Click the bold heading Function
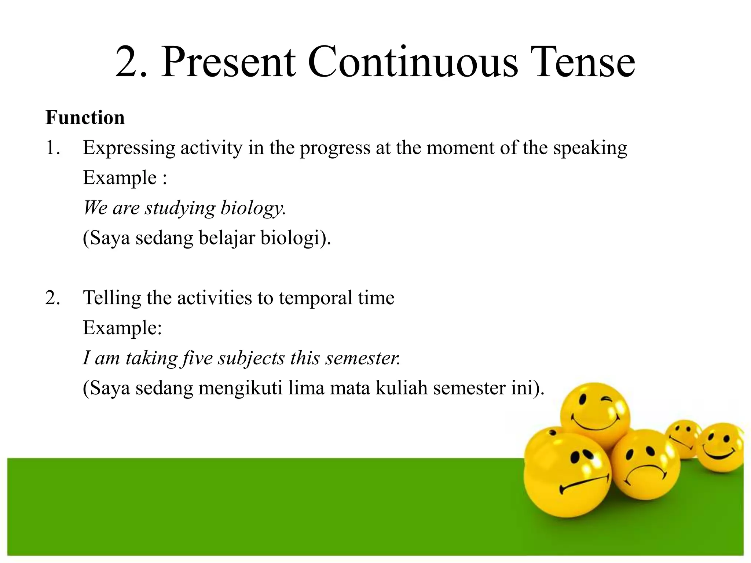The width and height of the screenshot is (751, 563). point(85,118)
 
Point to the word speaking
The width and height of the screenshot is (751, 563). point(590,148)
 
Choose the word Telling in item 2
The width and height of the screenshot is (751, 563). point(112,298)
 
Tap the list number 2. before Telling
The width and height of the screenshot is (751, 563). point(52,298)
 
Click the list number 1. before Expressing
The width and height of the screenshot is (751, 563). point(52,148)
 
